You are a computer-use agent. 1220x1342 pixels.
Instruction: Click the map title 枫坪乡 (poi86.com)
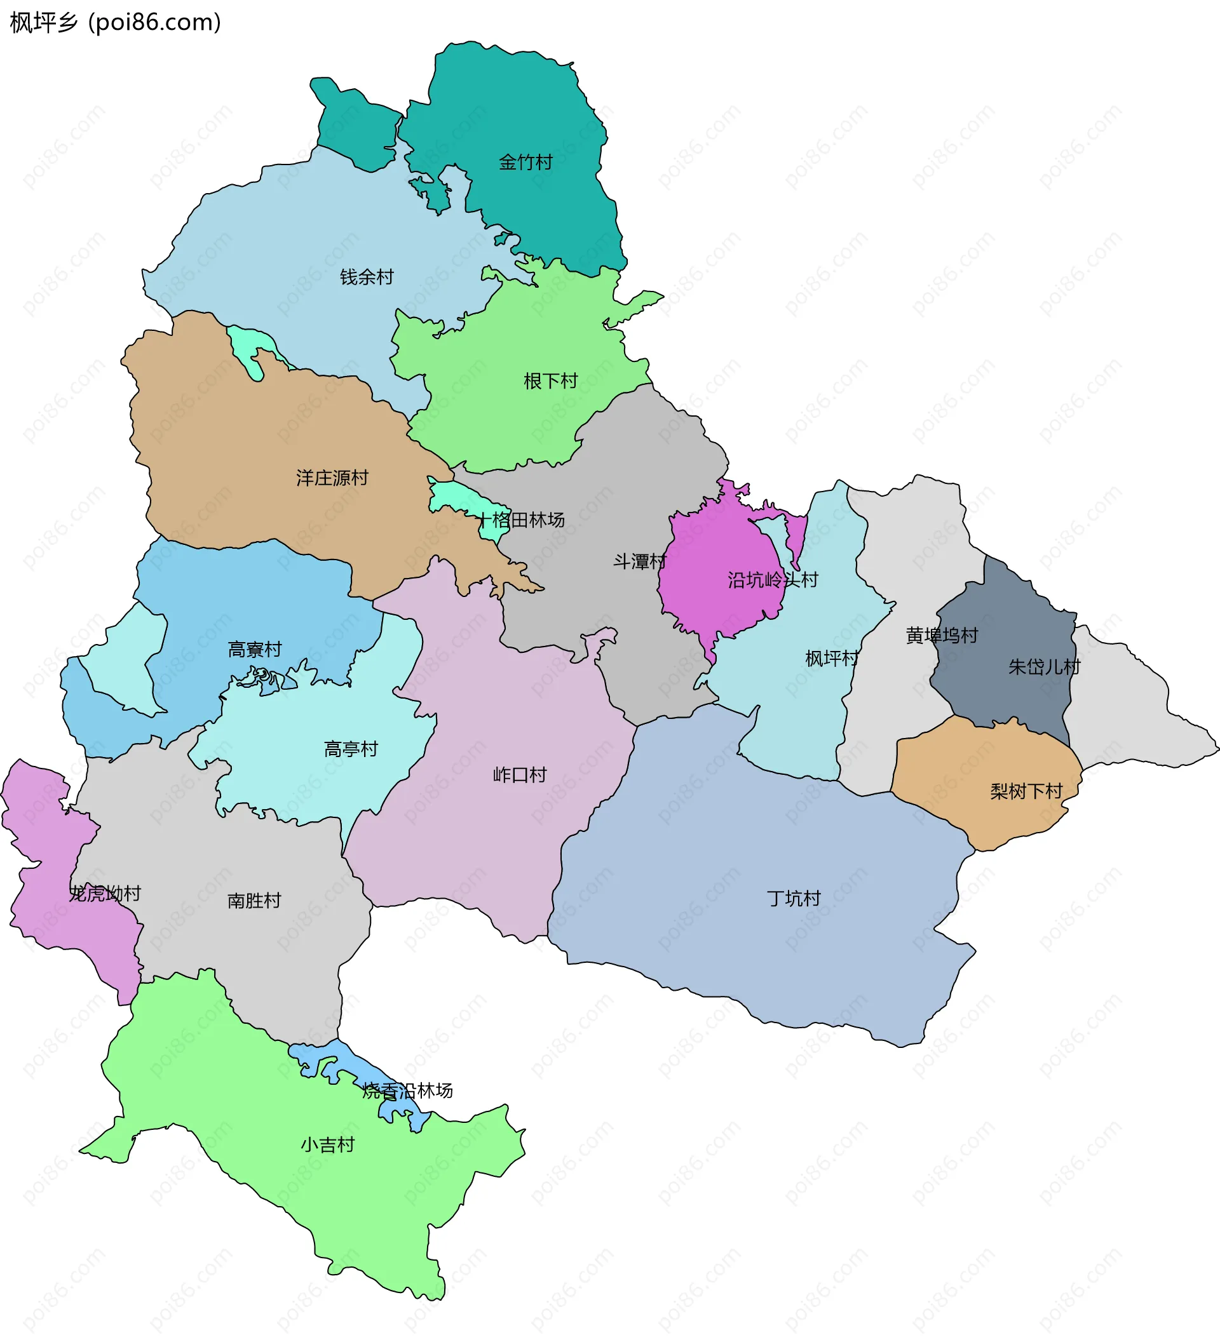coord(115,23)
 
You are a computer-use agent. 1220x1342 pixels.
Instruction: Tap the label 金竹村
coord(525,162)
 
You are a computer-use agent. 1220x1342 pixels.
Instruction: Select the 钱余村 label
coord(367,276)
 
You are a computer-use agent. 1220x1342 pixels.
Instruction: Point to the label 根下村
coord(550,381)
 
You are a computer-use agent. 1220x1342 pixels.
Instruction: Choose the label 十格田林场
coord(521,520)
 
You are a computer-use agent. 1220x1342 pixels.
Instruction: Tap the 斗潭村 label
coord(639,561)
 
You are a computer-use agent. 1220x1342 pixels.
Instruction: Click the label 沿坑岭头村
coord(773,580)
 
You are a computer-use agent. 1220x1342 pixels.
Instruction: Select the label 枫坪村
coord(832,659)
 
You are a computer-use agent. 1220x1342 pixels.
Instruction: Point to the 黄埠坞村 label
coord(942,635)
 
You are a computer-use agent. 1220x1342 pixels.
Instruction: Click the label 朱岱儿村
coord(1043,666)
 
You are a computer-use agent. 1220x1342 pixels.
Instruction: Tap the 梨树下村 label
coord(1026,791)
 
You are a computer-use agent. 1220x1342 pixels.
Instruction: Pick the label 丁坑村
coord(794,898)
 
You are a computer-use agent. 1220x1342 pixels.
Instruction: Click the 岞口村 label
coord(519,774)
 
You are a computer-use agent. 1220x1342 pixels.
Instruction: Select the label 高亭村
coord(351,749)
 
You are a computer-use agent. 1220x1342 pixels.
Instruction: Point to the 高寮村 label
coord(254,649)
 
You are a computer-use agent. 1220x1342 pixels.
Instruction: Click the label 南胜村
coord(254,900)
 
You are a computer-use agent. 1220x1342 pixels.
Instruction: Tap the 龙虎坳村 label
coord(105,894)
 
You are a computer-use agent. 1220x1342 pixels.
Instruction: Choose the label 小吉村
coord(328,1144)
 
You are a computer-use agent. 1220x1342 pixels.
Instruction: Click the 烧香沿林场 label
coord(407,1090)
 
